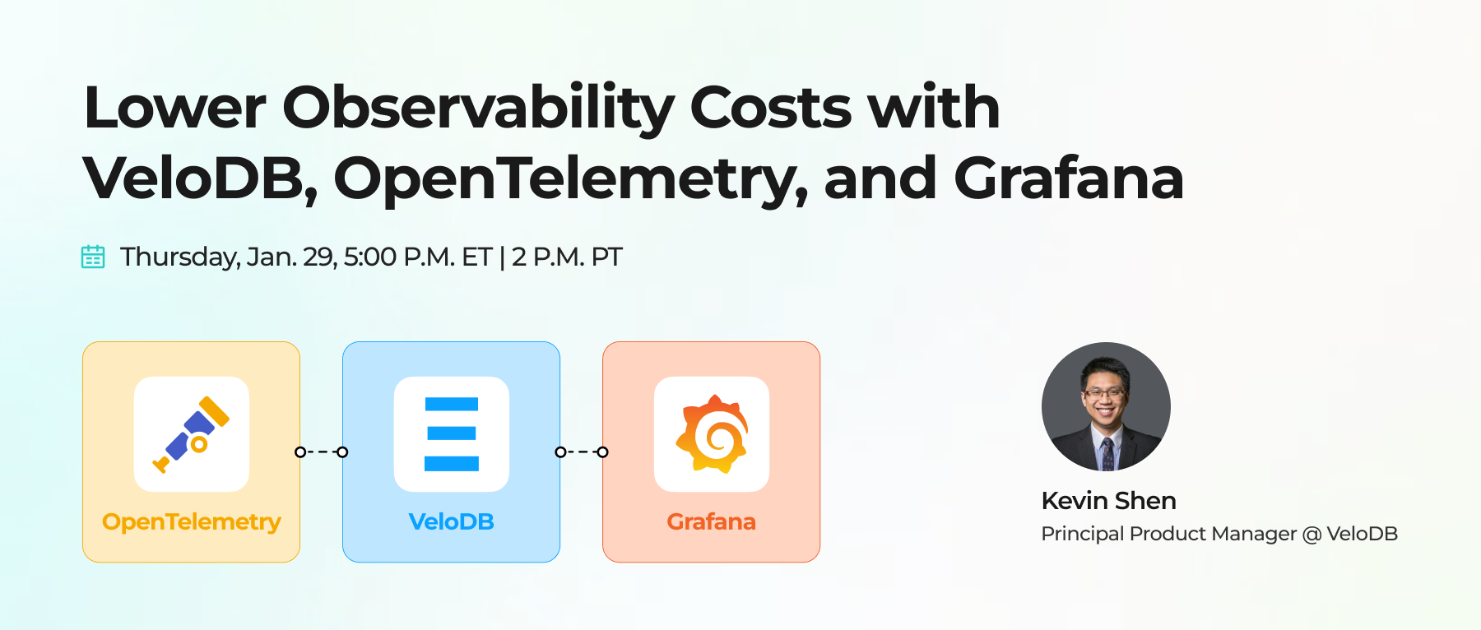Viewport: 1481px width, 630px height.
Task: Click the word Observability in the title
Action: (x=477, y=109)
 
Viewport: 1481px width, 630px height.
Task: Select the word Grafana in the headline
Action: (x=1068, y=179)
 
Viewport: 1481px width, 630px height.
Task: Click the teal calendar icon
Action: (x=93, y=257)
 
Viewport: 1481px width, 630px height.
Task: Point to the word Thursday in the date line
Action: (x=180, y=257)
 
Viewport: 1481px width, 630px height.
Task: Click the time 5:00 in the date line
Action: (x=370, y=257)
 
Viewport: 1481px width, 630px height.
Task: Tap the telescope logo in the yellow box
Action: (x=192, y=434)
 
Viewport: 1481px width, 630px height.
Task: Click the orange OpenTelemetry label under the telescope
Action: (x=192, y=521)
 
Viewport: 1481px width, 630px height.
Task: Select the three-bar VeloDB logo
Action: (x=452, y=434)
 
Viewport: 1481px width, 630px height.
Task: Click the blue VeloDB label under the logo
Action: (x=452, y=521)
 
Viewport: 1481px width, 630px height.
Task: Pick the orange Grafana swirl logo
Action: (x=712, y=434)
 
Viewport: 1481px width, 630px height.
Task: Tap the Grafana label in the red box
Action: (x=712, y=521)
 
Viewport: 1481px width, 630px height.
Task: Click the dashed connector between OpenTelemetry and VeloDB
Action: (x=322, y=452)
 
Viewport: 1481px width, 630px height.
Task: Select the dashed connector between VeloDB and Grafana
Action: (x=582, y=452)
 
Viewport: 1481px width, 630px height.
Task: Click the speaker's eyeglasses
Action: (x=1104, y=393)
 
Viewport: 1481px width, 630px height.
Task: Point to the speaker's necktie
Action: (x=1107, y=453)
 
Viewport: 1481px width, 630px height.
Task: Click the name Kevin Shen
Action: (x=1108, y=500)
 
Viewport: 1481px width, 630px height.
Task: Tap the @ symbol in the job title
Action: (x=1312, y=534)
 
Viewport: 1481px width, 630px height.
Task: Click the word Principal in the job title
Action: (x=1082, y=534)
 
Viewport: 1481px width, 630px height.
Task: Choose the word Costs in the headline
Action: (x=770, y=109)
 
